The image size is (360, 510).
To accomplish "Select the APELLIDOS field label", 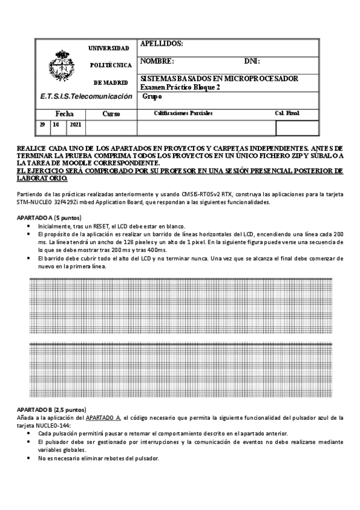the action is [160, 44].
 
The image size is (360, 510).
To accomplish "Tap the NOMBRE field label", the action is [157, 61].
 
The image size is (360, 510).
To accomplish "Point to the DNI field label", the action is [251, 61].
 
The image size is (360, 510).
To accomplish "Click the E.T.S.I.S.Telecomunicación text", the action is [85, 96].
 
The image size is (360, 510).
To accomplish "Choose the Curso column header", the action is [111, 113].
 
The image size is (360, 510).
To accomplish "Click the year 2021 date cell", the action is [76, 125].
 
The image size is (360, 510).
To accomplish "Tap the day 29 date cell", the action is [42, 125].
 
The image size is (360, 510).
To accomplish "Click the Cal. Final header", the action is [287, 113].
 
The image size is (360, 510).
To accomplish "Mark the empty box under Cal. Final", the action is [297, 128].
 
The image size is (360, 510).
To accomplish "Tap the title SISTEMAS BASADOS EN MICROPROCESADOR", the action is [219, 79].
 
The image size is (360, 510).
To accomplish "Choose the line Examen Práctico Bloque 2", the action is [180, 87].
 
